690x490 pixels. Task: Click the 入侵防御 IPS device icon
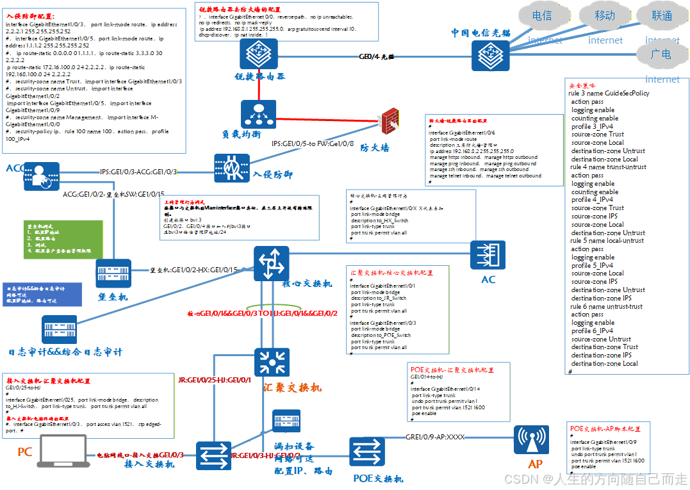[x=233, y=168]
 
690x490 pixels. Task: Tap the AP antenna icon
[x=531, y=439]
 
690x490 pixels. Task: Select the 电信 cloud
[x=541, y=16]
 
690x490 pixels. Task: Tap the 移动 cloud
[x=604, y=16]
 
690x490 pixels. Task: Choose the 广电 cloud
[x=660, y=54]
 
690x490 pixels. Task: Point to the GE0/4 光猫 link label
[x=377, y=57]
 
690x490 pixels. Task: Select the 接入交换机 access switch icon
[x=213, y=455]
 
